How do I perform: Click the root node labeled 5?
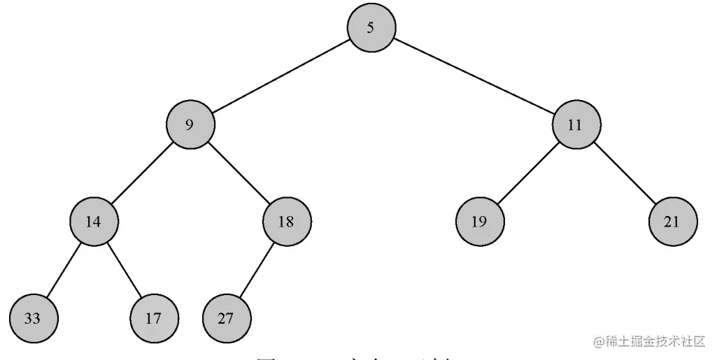tap(371, 28)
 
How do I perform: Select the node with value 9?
tap(190, 125)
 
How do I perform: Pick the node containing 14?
tap(94, 222)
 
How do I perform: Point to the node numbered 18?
tap(287, 222)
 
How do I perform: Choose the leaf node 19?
tap(480, 222)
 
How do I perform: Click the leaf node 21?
tap(673, 222)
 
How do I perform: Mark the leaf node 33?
tap(34, 319)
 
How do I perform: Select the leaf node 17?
tap(154, 319)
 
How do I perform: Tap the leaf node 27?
tap(227, 319)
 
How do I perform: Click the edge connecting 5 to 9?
tap(281, 77)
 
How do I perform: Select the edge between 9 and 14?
tap(142, 173)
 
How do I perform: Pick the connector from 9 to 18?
tap(239, 173)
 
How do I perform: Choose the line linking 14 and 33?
tap(64, 271)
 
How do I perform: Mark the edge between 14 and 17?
tap(124, 271)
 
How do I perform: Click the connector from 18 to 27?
tap(257, 271)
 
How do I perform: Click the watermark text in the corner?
tap(650, 342)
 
